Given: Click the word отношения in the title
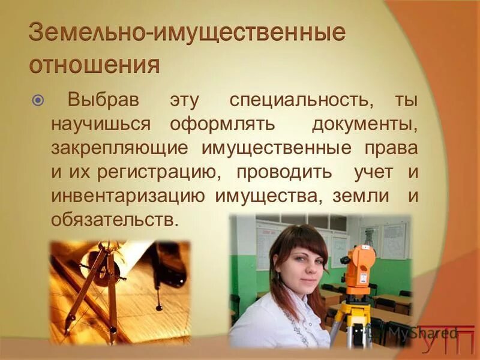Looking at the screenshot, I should tap(95, 64).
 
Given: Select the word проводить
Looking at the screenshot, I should tap(284, 172).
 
